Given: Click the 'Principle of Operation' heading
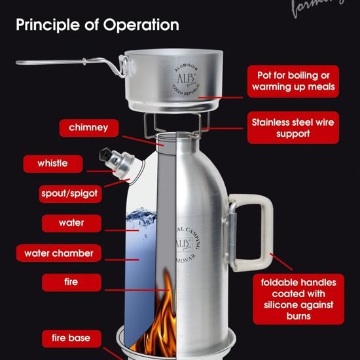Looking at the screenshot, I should tap(98, 26).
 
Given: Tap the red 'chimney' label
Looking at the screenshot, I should tap(88, 128).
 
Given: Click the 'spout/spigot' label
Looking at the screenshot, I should tap(69, 194).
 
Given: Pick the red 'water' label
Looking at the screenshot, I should tap(71, 223).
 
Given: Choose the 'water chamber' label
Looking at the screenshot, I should tap(59, 253).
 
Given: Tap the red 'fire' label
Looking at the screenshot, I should tap(71, 282).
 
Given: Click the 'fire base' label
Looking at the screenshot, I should tap(76, 338).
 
